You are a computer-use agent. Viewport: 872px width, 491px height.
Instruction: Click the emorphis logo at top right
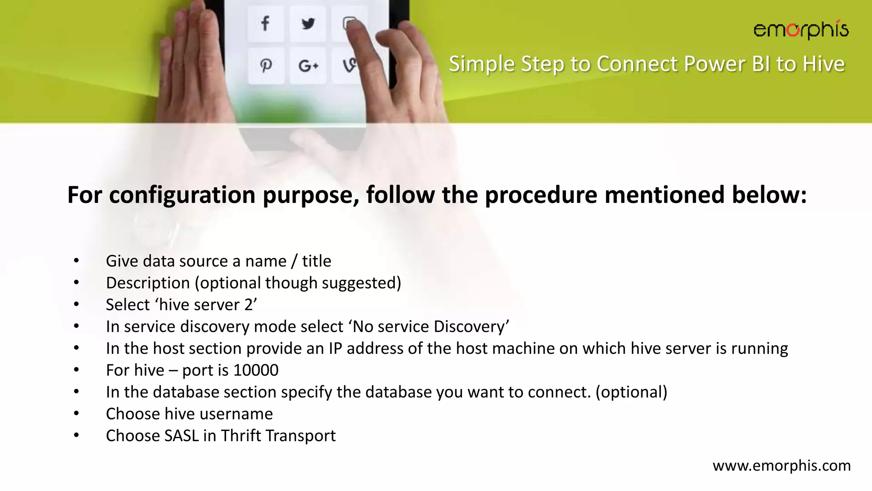800,30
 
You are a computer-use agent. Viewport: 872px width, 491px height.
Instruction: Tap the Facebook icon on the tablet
265,23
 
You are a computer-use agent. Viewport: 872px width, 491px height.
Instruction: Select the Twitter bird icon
308,23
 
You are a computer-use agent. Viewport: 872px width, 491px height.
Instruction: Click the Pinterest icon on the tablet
266,66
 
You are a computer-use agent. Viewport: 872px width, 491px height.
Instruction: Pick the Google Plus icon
308,66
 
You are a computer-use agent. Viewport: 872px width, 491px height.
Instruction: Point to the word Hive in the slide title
823,64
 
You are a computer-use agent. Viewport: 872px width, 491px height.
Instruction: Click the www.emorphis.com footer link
781,465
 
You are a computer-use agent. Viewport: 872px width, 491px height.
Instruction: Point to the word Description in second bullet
148,283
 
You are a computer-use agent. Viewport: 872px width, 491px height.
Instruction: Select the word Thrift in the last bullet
241,436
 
